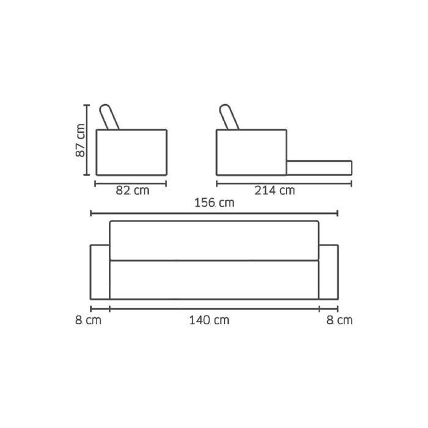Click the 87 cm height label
[80, 140]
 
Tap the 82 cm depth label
[133, 191]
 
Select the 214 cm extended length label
[275, 191]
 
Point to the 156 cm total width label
[214, 203]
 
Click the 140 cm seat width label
[209, 320]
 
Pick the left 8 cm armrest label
[88, 320]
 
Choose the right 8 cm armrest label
[339, 320]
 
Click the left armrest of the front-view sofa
[100, 272]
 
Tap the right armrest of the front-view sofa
[329, 272]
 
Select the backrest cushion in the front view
[214, 240]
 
